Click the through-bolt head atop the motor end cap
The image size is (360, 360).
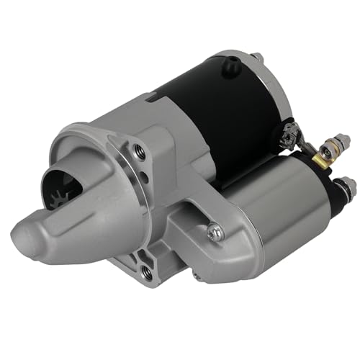[x=255, y=56]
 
